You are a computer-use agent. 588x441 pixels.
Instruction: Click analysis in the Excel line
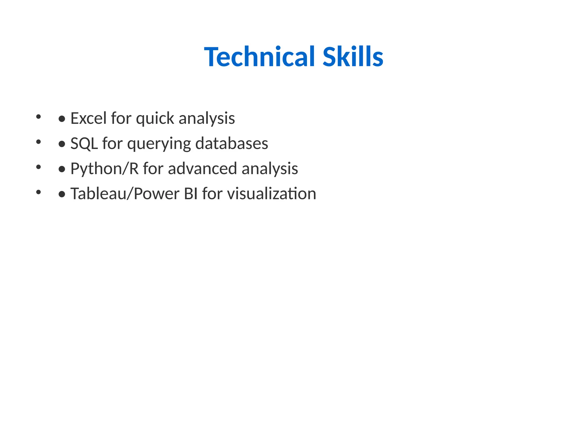click(207, 119)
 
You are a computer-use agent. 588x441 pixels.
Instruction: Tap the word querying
click(159, 144)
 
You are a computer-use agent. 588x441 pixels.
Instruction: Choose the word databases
click(232, 143)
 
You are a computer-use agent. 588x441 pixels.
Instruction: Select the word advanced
click(202, 168)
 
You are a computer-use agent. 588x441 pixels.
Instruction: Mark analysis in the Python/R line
click(270, 169)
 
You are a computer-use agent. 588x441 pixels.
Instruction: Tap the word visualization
click(272, 194)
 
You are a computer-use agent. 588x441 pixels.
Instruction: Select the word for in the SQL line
click(111, 143)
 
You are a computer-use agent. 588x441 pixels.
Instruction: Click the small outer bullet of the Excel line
click(38, 117)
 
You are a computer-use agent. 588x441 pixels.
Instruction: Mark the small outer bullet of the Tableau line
click(38, 192)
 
